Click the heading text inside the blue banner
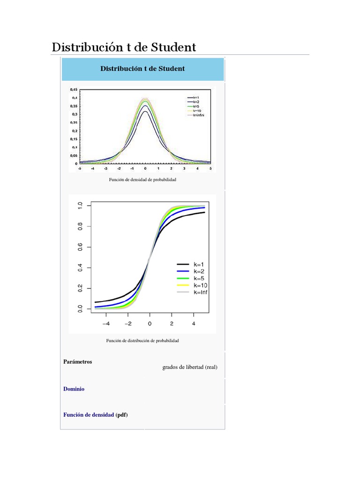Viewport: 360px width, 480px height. (x=142, y=68)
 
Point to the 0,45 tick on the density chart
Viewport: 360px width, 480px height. (x=74, y=89)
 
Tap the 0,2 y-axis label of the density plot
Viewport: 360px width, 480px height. (x=74, y=131)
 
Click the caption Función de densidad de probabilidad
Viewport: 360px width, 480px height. (x=143, y=180)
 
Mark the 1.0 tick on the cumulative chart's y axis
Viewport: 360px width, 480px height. (x=81, y=205)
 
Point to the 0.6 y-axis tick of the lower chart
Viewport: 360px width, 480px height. (x=81, y=247)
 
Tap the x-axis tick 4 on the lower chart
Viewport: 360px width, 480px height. (x=194, y=323)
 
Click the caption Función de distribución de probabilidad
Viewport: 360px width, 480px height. (x=142, y=340)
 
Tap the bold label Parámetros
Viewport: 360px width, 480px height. (x=77, y=362)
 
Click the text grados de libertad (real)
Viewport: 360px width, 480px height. (x=190, y=367)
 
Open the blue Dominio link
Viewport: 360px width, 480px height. (x=74, y=389)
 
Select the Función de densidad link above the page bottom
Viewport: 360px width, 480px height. (x=88, y=415)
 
